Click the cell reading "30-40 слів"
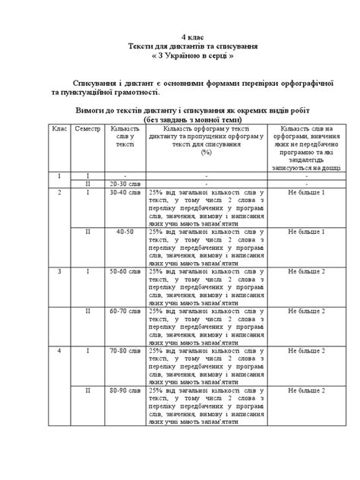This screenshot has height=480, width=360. click(x=124, y=194)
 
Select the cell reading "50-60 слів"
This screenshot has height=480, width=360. click(x=124, y=271)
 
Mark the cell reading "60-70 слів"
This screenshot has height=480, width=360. click(x=124, y=311)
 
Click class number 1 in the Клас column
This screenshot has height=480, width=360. click(x=59, y=175)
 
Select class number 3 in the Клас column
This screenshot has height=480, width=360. click(x=59, y=271)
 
